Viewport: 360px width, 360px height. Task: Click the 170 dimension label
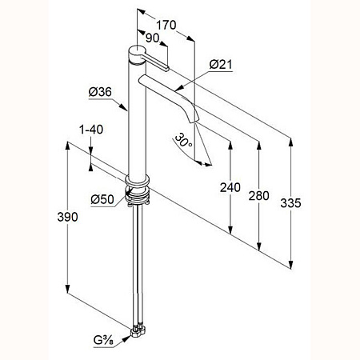coord(166,25)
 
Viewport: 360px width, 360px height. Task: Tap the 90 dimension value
coord(153,38)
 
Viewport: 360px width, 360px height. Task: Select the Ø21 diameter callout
coord(221,65)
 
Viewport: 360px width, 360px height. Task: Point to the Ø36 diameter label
coord(100,92)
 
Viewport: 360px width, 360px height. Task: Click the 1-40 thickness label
coord(91,130)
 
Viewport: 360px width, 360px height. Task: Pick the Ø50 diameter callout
coord(102,199)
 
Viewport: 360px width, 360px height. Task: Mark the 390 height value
coord(67,217)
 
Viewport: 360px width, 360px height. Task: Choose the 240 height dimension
coord(230,187)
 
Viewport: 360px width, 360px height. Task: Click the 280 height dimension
coord(258,196)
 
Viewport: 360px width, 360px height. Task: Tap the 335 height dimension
coord(290,203)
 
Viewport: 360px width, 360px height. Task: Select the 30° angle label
coord(183,139)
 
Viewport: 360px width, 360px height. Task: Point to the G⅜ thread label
coord(103,341)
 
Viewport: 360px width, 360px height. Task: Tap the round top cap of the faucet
coord(137,51)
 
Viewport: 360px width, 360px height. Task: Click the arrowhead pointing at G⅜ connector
coord(127,338)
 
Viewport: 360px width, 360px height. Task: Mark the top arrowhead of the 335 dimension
coord(291,142)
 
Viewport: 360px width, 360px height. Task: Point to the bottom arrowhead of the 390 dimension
coord(68,289)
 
